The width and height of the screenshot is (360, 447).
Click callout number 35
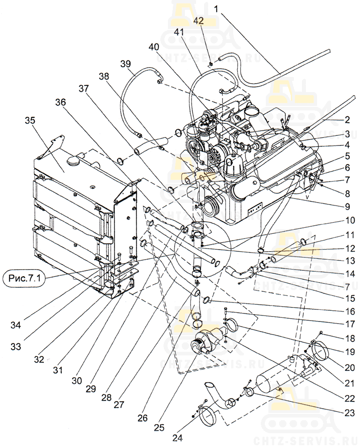coord(30,121)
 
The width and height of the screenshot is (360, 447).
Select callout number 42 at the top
coord(198,21)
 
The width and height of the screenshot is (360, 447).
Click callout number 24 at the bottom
coord(178,438)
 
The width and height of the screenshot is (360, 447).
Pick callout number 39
coord(126,64)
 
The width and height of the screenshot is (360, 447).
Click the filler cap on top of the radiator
coord(75,160)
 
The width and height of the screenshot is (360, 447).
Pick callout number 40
coord(154,48)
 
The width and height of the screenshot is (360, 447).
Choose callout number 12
coord(350,248)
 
